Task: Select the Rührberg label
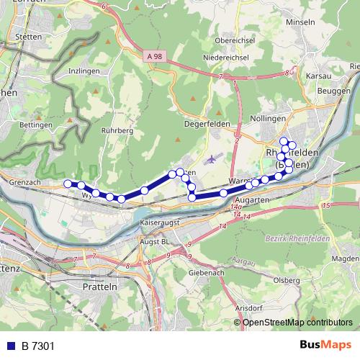point(118,131)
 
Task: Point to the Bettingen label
point(37,125)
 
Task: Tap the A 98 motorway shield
point(152,56)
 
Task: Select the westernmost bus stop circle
point(68,184)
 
